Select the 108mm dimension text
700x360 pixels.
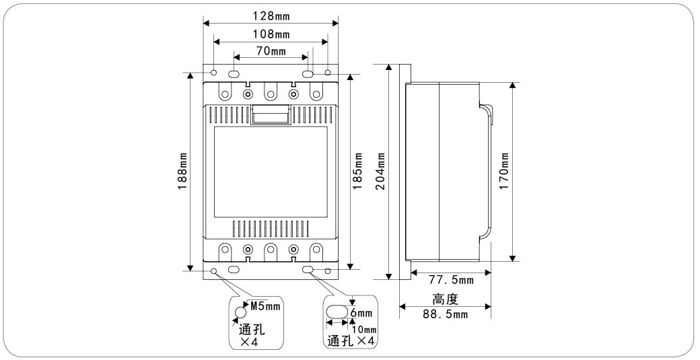(x=271, y=34)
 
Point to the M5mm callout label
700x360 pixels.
(x=264, y=305)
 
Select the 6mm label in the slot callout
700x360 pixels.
(x=364, y=314)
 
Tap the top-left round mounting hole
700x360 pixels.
(x=215, y=72)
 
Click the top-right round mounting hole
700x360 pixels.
(x=328, y=72)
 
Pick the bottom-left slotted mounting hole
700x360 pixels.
(x=234, y=270)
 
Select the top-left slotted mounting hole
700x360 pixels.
(x=234, y=74)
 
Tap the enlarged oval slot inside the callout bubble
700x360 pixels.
(x=338, y=312)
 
